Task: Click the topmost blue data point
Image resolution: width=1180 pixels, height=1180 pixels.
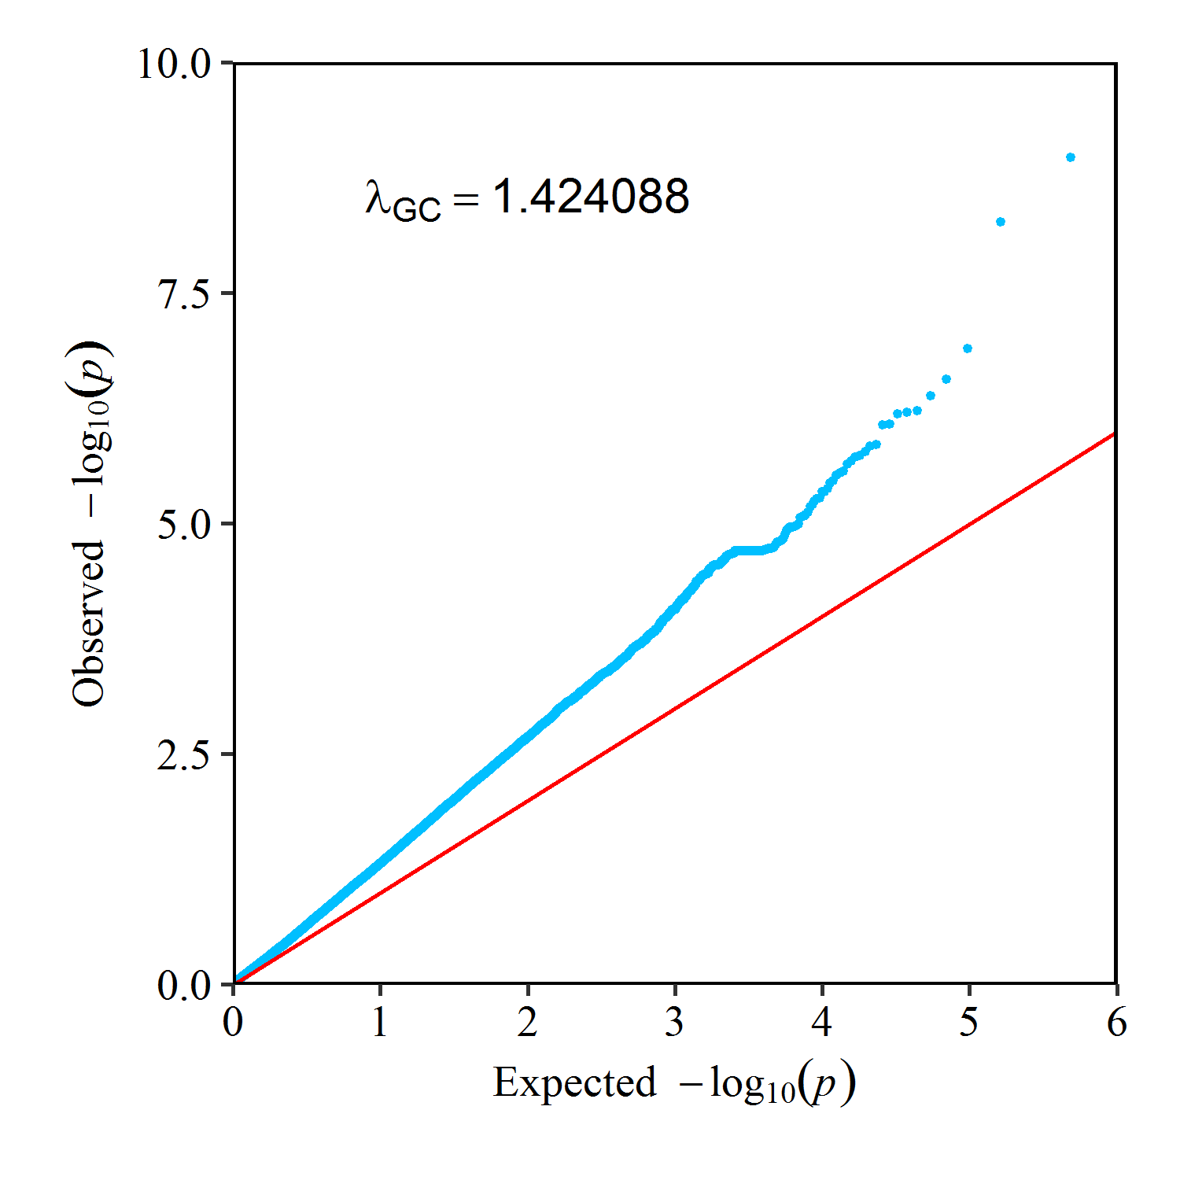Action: tap(1070, 157)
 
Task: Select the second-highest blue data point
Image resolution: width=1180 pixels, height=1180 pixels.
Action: tap(1001, 222)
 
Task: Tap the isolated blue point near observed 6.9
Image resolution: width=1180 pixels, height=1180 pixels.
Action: tap(968, 348)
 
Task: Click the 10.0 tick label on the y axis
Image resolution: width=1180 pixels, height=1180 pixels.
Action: tap(175, 64)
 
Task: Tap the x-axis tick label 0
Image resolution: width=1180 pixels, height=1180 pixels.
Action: tap(233, 1022)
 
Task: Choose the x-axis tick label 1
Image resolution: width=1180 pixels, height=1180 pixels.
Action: tap(381, 1022)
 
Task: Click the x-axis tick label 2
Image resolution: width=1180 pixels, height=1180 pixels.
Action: tap(528, 1022)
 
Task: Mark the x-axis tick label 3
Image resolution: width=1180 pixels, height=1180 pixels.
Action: tap(675, 1022)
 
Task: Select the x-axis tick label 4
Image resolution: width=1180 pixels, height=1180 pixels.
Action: tap(822, 1022)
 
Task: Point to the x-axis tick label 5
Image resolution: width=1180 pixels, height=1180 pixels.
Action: tap(969, 1022)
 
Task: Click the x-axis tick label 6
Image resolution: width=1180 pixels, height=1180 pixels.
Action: tap(1117, 1022)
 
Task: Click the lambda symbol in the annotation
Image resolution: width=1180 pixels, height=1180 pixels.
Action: tap(378, 197)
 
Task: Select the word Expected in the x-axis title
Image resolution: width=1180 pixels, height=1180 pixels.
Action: tap(575, 1082)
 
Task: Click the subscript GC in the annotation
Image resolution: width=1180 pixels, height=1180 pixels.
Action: tap(416, 209)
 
